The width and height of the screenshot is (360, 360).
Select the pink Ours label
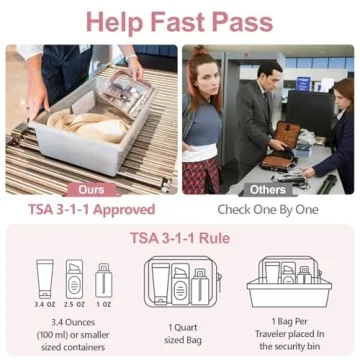click(90, 189)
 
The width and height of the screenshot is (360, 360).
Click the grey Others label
click(268, 189)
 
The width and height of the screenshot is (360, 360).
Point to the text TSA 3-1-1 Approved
click(91, 210)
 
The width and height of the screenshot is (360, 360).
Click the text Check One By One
click(268, 210)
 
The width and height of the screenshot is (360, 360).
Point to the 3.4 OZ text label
click(45, 303)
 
